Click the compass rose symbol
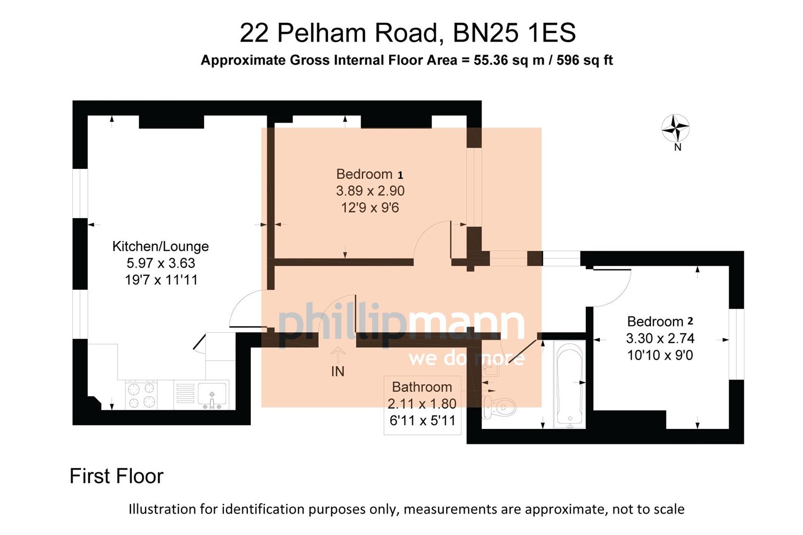pyautogui.click(x=675, y=128)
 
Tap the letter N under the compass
pyautogui.click(x=678, y=147)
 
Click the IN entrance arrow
pyautogui.click(x=338, y=355)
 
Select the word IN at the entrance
pyautogui.click(x=338, y=372)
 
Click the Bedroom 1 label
pyautogui.click(x=369, y=174)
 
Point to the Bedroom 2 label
pyautogui.click(x=660, y=321)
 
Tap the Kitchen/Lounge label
pyautogui.click(x=160, y=246)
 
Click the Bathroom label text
pyautogui.click(x=422, y=387)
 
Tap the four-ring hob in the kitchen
pyautogui.click(x=142, y=395)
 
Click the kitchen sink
pyautogui.click(x=212, y=394)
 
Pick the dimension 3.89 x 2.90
pyautogui.click(x=370, y=191)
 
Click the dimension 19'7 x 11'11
pyautogui.click(x=161, y=280)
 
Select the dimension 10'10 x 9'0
pyautogui.click(x=660, y=355)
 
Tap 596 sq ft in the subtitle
pyautogui.click(x=584, y=60)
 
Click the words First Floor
pyautogui.click(x=116, y=476)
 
